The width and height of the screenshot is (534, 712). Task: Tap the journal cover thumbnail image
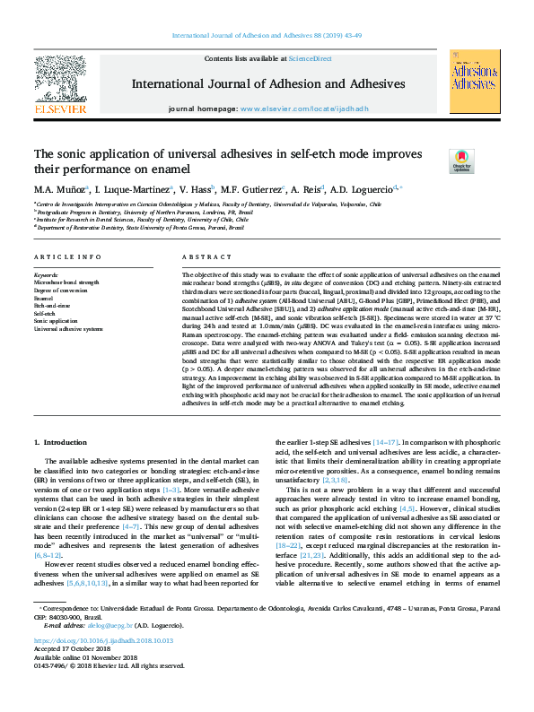pos(473,82)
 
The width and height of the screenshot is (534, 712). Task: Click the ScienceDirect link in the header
pos(309,57)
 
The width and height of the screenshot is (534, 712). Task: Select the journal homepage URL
pos(305,109)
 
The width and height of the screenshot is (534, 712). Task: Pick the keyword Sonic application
pos(57,320)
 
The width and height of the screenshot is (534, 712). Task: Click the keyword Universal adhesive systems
pos(68,328)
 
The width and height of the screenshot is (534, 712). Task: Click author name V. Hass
pos(193,190)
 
